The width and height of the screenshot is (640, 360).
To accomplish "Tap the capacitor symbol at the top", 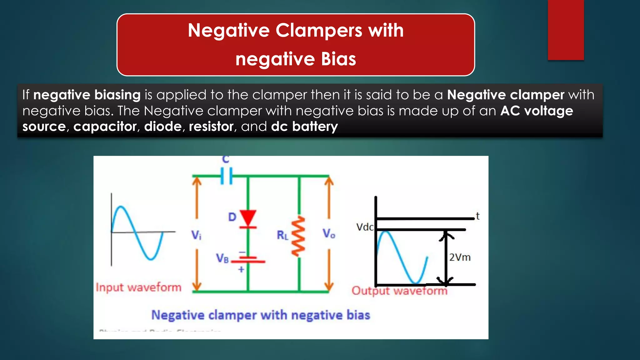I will point(226,176).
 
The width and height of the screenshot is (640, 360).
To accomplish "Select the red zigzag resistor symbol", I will point(298,237).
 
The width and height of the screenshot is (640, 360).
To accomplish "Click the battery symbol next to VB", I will point(248,259).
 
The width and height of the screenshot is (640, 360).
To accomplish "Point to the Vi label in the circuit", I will point(196,235).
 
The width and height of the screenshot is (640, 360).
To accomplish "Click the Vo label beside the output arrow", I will point(329,233).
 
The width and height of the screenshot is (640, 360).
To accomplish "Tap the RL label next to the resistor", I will point(282,235).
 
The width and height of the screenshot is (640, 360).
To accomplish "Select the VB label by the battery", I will point(222,258).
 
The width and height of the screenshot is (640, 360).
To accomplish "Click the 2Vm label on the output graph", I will point(460,257).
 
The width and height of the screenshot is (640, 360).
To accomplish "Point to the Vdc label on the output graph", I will point(365,227).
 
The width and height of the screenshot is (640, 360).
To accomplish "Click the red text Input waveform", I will point(138,287).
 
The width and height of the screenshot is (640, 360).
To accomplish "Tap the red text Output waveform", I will point(399,291).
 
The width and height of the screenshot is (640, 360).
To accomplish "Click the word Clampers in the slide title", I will point(319,31).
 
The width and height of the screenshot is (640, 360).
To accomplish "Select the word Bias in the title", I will point(338,59).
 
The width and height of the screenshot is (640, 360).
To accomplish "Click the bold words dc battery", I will point(304,127).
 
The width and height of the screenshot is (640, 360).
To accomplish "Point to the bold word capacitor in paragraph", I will point(105,127).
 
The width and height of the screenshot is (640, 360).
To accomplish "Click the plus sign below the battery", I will point(241,269).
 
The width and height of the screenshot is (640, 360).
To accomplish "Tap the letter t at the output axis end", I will point(477,216).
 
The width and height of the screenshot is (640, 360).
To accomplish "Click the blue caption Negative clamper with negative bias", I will point(261,315).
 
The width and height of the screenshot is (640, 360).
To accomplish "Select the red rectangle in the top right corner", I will point(566,30).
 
